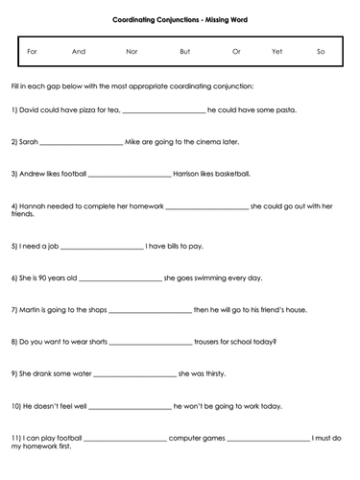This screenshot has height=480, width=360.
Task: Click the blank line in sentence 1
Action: coord(164,111)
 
